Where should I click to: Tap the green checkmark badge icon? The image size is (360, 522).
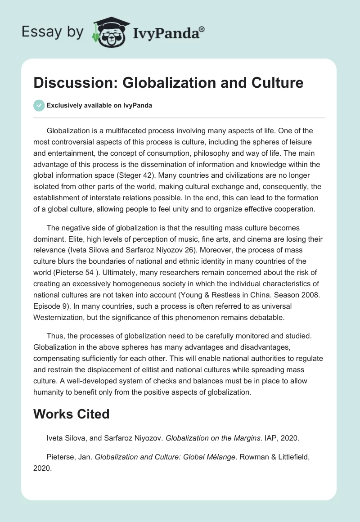[x=39, y=105]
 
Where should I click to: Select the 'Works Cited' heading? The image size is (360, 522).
[x=72, y=414]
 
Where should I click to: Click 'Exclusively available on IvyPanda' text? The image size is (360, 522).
[x=99, y=106]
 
